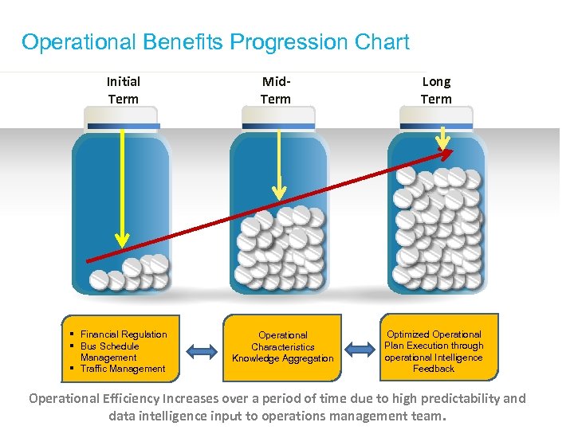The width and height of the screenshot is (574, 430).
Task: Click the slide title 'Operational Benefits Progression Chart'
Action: (x=215, y=42)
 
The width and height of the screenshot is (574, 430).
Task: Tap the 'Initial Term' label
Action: (x=123, y=90)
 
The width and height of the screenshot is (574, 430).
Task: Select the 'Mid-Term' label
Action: (x=276, y=90)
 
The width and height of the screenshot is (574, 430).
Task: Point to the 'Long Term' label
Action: (x=436, y=90)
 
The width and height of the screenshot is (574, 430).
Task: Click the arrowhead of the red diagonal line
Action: (x=447, y=152)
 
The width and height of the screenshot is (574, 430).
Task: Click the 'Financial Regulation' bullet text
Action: (x=124, y=334)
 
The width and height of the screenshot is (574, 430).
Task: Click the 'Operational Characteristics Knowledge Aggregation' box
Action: (x=283, y=347)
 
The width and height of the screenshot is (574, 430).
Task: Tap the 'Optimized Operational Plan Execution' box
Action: (x=434, y=347)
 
